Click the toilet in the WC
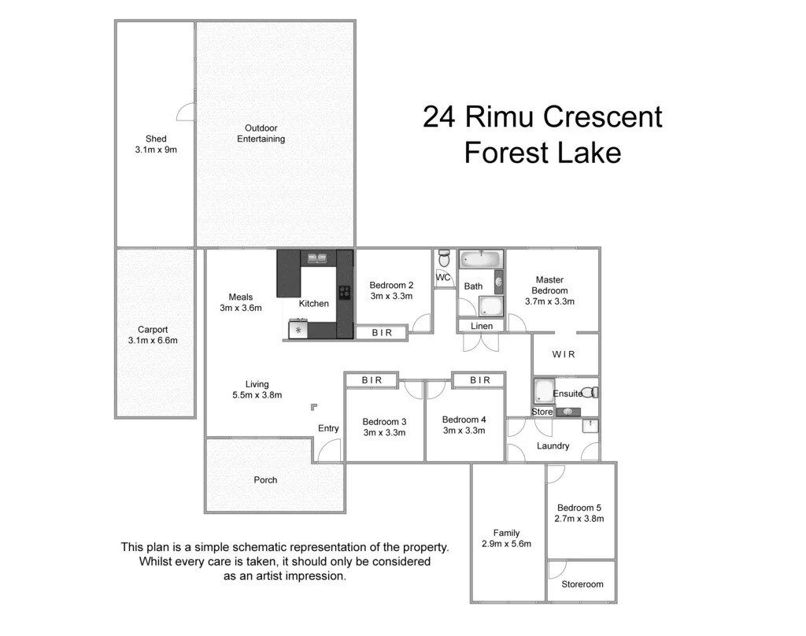pos(445,259)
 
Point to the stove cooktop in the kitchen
pos(344,294)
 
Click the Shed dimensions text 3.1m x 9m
pos(156,150)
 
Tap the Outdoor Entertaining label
pos(261,134)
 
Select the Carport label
pos(153,330)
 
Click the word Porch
pos(265,479)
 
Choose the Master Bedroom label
pos(549,285)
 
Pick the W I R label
pos(564,354)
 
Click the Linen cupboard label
pos(482,326)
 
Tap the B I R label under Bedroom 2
pos(382,333)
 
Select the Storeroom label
pos(582,584)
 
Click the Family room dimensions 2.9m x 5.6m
pos(507,544)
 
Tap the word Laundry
pos(553,446)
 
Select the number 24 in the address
pos(440,117)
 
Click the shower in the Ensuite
pos(543,392)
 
